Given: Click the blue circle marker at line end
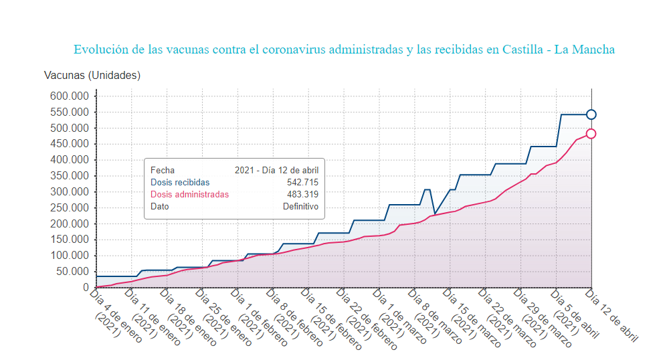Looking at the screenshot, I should pyautogui.click(x=591, y=114).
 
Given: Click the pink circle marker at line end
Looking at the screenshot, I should pyautogui.click(x=591, y=134).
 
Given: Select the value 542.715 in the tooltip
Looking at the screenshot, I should pyautogui.click(x=302, y=182).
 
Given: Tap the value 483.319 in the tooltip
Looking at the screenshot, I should pyautogui.click(x=302, y=194).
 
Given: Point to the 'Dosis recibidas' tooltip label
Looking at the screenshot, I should pyautogui.click(x=180, y=182).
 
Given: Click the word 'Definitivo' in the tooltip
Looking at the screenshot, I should pyautogui.click(x=300, y=206).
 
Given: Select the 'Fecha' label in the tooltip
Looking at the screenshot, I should pyautogui.click(x=163, y=170).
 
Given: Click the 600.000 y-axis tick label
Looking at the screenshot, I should pyautogui.click(x=69, y=96).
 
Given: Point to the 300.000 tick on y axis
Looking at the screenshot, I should pyautogui.click(x=69, y=191).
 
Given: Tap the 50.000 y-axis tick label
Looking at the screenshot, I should pyautogui.click(x=72, y=271).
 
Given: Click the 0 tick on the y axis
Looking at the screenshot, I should pyautogui.click(x=86, y=287).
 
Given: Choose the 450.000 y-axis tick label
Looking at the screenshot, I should pyautogui.click(x=69, y=143).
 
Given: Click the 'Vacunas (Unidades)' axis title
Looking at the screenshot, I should pyautogui.click(x=92, y=74).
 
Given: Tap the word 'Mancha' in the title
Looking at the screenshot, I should pyautogui.click(x=593, y=50).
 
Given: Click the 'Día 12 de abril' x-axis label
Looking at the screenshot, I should pyautogui.click(x=612, y=314).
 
